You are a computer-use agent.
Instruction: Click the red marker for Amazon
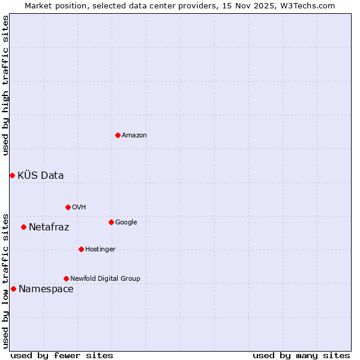pyautogui.click(x=118, y=135)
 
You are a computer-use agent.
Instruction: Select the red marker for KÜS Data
pyautogui.click(x=12, y=175)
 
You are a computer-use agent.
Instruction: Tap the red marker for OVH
pyautogui.click(x=68, y=207)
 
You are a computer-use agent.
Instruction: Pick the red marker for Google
pyautogui.click(x=111, y=222)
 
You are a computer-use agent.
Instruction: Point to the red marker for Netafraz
pyautogui.click(x=23, y=227)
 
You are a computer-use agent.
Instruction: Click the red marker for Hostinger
pyautogui.click(x=81, y=249)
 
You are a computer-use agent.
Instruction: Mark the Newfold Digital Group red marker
pyautogui.click(x=66, y=278)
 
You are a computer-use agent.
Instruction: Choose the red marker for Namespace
pyautogui.click(x=13, y=289)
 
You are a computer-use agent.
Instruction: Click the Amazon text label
pyautogui.click(x=134, y=136)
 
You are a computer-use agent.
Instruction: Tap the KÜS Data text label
pyautogui.click(x=41, y=176)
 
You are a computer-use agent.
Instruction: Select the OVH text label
pyautogui.click(x=79, y=208)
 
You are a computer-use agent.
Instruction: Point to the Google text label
pyautogui.click(x=126, y=223)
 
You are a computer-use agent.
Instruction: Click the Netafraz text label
pyautogui.click(x=49, y=227)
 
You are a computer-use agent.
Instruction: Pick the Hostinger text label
pyautogui.click(x=100, y=250)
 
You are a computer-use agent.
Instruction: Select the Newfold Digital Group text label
pyautogui.click(x=105, y=279)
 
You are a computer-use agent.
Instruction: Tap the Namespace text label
pyautogui.click(x=46, y=289)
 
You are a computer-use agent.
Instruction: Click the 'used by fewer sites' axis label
pyautogui.click(x=62, y=355)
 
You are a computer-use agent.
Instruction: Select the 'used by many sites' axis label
pyautogui.click(x=301, y=355)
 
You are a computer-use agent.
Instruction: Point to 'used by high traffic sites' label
pyautogui.click(x=5, y=85)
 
